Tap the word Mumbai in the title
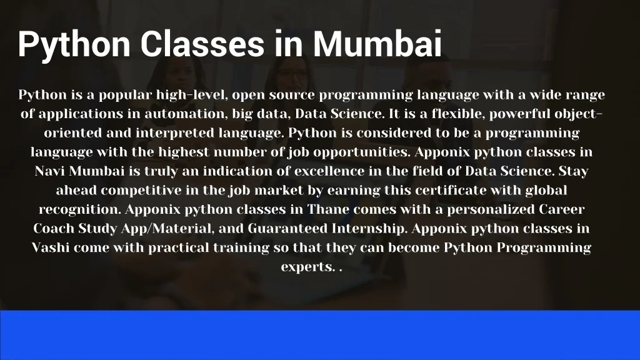[377, 44]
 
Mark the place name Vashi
[51, 247]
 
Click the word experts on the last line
[307, 267]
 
